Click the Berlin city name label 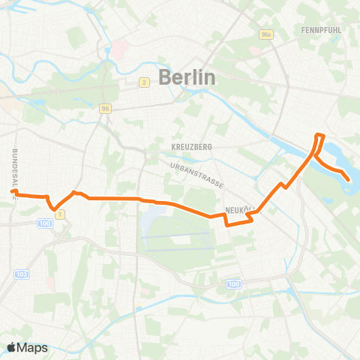tap(187, 76)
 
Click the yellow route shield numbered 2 tap(143, 82)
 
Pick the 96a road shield tap(265, 34)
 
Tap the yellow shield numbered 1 tap(61, 214)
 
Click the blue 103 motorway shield tap(22, 275)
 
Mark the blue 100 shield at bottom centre tap(234, 283)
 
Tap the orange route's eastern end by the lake tap(349, 178)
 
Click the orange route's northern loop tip tap(321, 136)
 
